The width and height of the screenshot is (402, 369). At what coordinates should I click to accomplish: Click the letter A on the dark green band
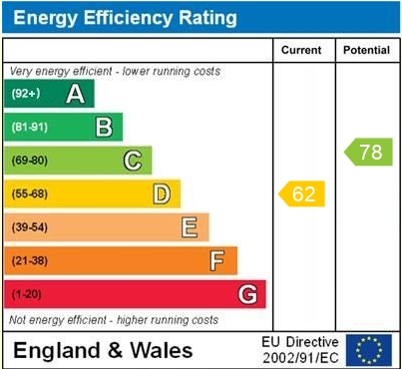pyautogui.click(x=74, y=94)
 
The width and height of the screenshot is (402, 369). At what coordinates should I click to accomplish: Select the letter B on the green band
pyautogui.click(x=103, y=127)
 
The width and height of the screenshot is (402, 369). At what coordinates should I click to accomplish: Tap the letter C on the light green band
pyautogui.click(x=132, y=161)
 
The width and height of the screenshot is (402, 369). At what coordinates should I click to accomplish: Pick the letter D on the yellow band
pyautogui.click(x=161, y=193)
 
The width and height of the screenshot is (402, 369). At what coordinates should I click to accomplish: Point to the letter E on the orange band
pyautogui.click(x=189, y=227)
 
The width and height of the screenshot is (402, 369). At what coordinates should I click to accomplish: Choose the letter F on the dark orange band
pyautogui.click(x=217, y=261)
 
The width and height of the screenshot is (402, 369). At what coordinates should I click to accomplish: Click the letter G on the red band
pyautogui.click(x=247, y=294)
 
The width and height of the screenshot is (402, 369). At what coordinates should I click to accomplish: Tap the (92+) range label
pyautogui.click(x=26, y=94)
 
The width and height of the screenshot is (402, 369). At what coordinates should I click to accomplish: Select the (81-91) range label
pyautogui.click(x=30, y=128)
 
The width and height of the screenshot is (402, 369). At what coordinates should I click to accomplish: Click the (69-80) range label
pyautogui.click(x=30, y=161)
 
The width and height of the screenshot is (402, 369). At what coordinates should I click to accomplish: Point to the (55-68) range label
pyautogui.click(x=30, y=193)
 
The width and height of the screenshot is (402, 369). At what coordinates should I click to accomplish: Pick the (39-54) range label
pyautogui.click(x=30, y=227)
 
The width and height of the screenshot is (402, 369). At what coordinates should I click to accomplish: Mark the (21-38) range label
pyautogui.click(x=30, y=261)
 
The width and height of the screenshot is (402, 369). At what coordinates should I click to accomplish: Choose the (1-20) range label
pyautogui.click(x=27, y=294)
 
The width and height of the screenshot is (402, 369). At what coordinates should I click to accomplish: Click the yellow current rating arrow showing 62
pyautogui.click(x=302, y=193)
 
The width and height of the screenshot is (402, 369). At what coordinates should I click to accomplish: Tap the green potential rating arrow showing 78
pyautogui.click(x=368, y=153)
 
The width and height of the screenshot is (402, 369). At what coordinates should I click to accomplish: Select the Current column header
pyautogui.click(x=302, y=50)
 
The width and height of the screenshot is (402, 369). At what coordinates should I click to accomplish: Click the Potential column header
pyautogui.click(x=366, y=50)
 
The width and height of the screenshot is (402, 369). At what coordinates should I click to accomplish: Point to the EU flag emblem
pyautogui.click(x=368, y=349)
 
